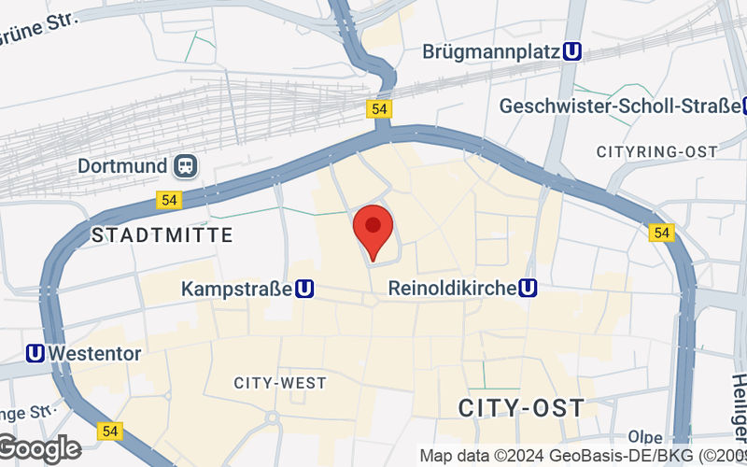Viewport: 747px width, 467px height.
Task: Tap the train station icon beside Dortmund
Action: [x=186, y=166]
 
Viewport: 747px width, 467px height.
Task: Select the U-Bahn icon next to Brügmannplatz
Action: [x=574, y=52]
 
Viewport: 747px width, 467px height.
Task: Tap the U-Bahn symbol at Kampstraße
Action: [x=303, y=290]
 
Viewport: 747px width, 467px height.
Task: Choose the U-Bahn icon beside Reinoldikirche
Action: [x=529, y=288]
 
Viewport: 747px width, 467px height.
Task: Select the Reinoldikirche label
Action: [x=452, y=288]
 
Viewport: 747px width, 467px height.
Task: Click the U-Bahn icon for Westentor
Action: [x=35, y=353]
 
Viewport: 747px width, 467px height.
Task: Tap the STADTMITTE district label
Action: [x=162, y=235]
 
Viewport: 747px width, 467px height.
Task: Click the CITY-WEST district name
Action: [x=280, y=383]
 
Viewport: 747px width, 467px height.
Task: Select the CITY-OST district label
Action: [x=522, y=407]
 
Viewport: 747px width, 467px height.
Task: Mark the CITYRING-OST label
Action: [x=656, y=151]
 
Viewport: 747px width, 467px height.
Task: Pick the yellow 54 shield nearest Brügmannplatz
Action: [x=378, y=109]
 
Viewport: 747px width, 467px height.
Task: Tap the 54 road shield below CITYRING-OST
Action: [x=662, y=232]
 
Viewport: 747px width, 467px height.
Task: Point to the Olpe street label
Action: [x=645, y=437]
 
